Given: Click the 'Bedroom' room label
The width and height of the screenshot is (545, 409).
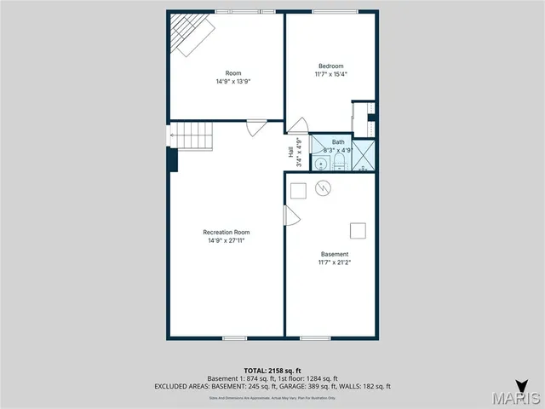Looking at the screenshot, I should click(x=331, y=66).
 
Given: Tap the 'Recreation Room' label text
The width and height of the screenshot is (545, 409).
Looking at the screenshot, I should click(x=227, y=232).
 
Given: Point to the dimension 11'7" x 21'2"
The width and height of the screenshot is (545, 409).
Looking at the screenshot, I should click(x=335, y=262).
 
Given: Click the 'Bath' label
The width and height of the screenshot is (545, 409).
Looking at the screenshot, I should click(x=338, y=141).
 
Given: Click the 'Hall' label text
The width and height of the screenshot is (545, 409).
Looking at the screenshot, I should click(x=290, y=153).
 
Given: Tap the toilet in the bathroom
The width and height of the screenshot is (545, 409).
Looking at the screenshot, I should click(x=338, y=161).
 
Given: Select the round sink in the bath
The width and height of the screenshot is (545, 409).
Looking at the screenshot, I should click(x=321, y=163).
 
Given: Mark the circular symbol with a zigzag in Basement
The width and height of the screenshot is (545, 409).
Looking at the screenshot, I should click(x=322, y=187).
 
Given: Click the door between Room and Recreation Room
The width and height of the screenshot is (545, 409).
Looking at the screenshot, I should click(x=256, y=127).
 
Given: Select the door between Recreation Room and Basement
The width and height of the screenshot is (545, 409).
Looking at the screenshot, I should click(x=290, y=216).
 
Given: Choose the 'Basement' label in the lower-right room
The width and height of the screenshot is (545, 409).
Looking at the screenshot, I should click(x=335, y=254).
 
